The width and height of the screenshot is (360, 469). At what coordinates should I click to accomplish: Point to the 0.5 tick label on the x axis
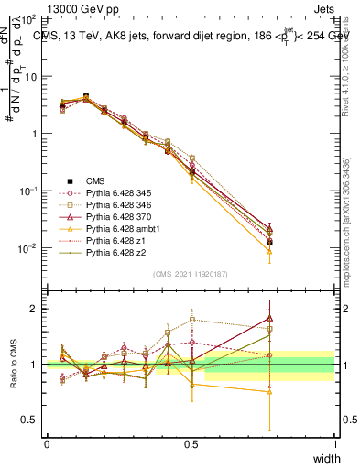click(191, 444)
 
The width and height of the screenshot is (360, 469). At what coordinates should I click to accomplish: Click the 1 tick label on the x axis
click(334, 444)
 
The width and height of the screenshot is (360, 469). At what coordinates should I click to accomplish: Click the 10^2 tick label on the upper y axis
click(29, 19)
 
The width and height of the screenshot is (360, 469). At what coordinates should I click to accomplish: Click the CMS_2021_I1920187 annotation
click(191, 274)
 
